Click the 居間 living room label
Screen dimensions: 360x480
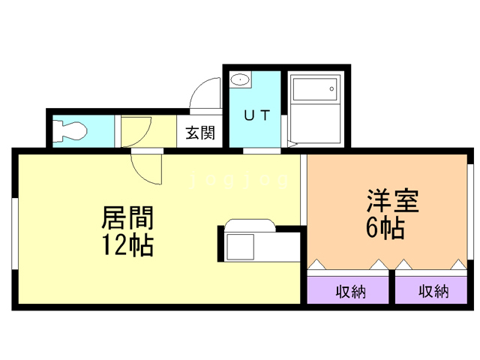pyautogui.click(x=127, y=219)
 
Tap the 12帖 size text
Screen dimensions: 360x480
pyautogui.click(x=127, y=244)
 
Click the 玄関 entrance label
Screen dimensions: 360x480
pyautogui.click(x=200, y=133)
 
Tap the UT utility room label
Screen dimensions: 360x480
pyautogui.click(x=254, y=116)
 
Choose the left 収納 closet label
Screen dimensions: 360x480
pyautogui.click(x=349, y=291)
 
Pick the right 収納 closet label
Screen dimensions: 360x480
pyautogui.click(x=433, y=291)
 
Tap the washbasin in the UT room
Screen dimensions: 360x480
pyautogui.click(x=241, y=79)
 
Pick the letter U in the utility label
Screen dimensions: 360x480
pyautogui.click(x=246, y=116)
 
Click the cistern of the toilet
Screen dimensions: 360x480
pyautogui.click(x=56, y=130)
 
